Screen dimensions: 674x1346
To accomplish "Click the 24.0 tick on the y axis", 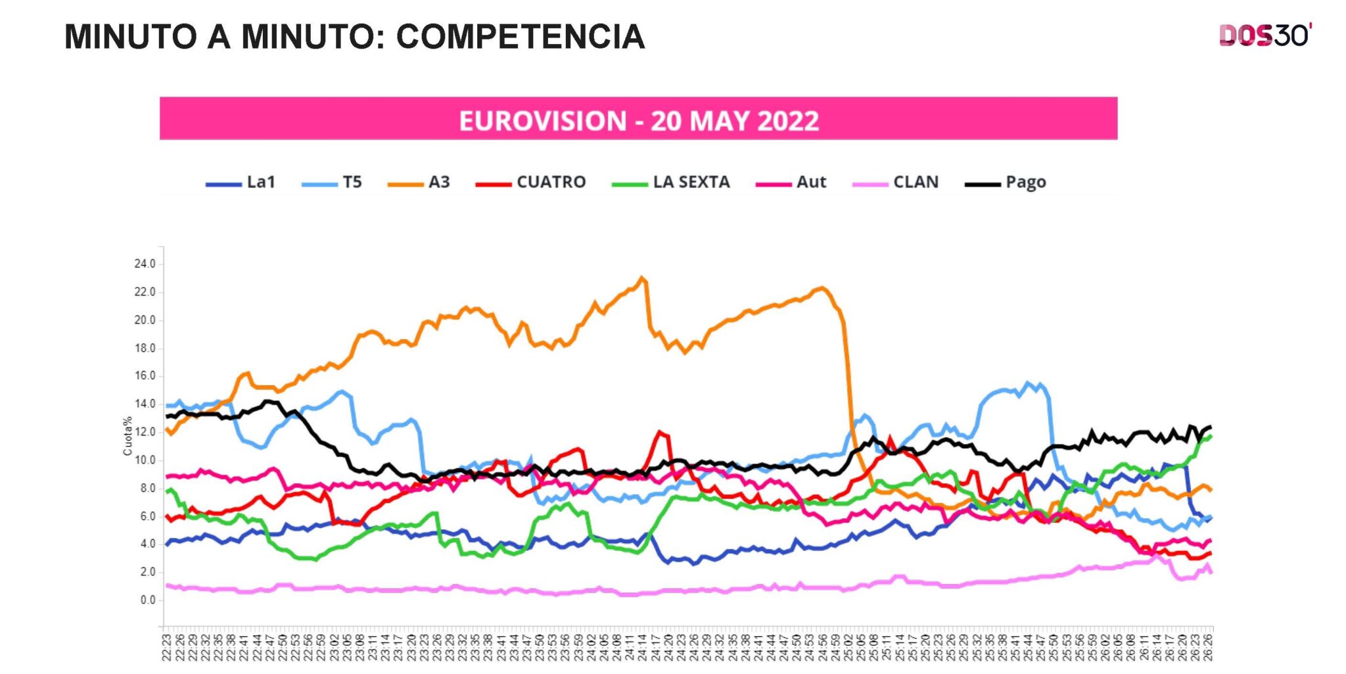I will pos(145,264).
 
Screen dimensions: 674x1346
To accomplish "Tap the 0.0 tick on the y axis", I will pos(147,600).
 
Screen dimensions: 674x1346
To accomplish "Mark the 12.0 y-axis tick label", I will pos(145,432).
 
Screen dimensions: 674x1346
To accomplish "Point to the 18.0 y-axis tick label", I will pos(145,348).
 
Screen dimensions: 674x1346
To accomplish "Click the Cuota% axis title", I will pos(128,436).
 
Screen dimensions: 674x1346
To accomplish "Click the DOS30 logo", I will pos(1265,36).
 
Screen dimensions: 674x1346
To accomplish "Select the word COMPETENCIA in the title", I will pos(520,37).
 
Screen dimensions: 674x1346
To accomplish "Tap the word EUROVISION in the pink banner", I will pos(542,121).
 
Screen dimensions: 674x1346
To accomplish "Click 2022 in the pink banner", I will pos(788,121).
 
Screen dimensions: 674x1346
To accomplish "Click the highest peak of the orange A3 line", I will pos(642,277).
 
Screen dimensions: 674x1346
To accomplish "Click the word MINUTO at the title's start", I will pos(131,37).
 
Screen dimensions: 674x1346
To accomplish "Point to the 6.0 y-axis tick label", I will pos(147,516).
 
